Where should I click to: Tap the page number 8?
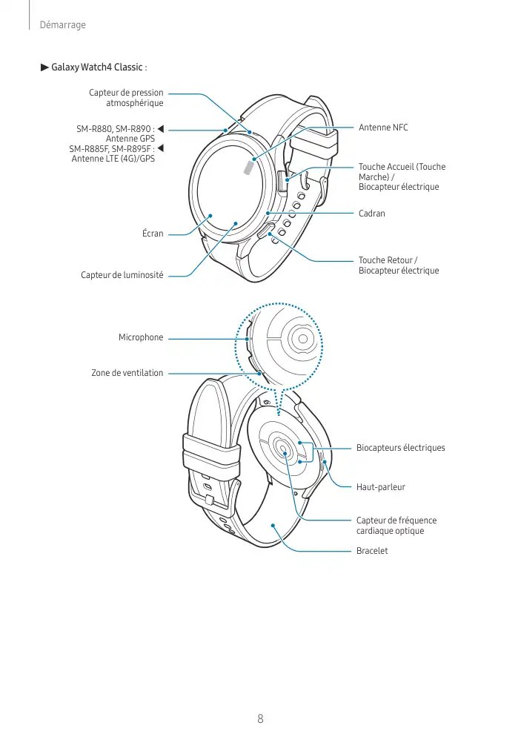260,718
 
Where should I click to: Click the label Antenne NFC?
383,128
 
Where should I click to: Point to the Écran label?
153,234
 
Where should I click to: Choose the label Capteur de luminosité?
122,276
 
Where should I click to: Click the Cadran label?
371,213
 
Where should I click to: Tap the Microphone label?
141,337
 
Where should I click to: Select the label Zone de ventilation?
127,372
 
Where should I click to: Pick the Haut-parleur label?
381,487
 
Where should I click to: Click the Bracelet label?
372,551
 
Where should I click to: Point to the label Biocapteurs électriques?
400,448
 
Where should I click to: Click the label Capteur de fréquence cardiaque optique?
396,526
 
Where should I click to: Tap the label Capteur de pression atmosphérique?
126,98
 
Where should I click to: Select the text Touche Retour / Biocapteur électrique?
399,265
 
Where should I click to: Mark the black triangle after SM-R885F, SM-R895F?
161,149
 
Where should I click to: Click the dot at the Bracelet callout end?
273,526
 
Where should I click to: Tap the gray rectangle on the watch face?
248,170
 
